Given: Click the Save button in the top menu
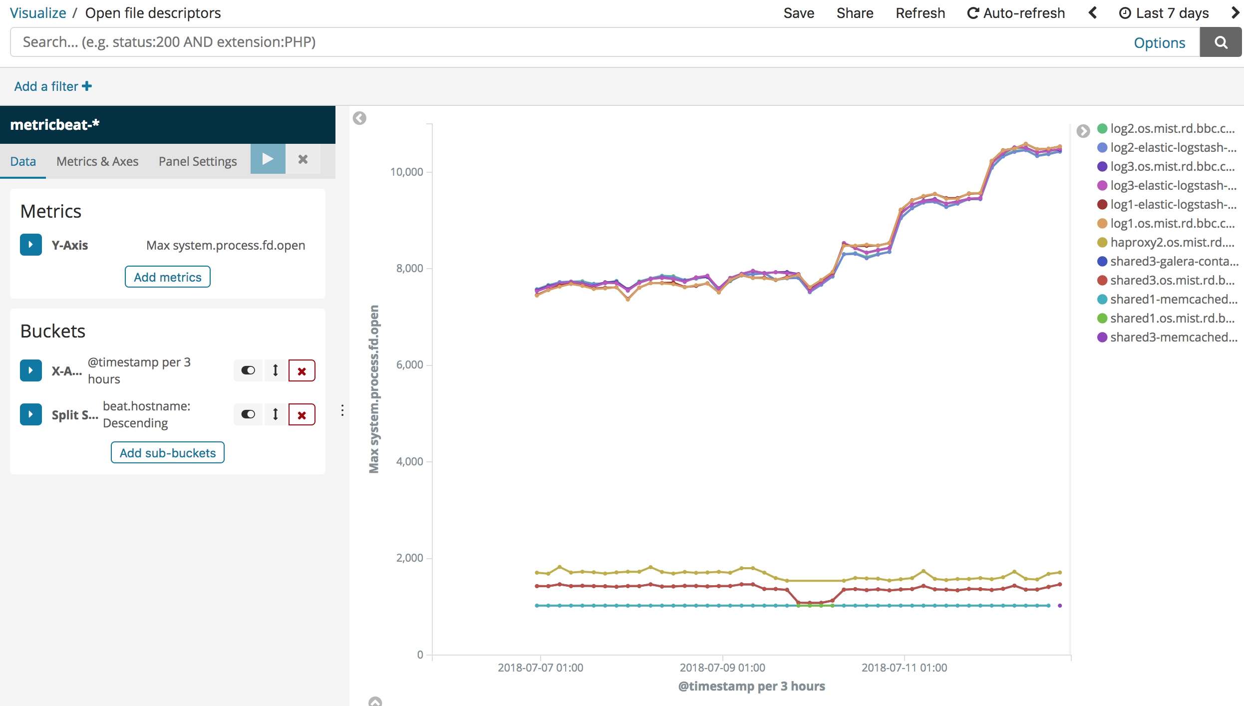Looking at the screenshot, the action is point(799,13).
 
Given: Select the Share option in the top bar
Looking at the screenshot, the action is point(855,13).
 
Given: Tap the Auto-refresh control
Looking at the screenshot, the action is point(1016,13).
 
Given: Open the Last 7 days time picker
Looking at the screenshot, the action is point(1164,13).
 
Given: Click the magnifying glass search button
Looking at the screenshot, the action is point(1221,42).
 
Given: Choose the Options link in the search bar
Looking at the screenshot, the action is point(1159,43).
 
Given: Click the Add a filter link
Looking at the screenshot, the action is point(53,86).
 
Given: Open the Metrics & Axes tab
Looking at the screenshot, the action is point(97,161).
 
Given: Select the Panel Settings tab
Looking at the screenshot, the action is point(198,161).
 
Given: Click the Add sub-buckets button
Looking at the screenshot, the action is point(168,452).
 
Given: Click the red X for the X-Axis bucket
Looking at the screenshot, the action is point(302,371).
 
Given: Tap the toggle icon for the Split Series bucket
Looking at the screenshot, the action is point(248,414).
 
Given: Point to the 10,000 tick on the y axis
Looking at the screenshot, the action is point(407,172).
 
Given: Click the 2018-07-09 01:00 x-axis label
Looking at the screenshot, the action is point(722,668).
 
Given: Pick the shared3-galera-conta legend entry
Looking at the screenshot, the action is point(1168,261).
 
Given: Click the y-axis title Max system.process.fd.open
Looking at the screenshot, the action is point(374,389).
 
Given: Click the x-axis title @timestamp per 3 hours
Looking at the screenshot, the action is point(751,686).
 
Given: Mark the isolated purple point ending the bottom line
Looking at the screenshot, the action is point(1060,606).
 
